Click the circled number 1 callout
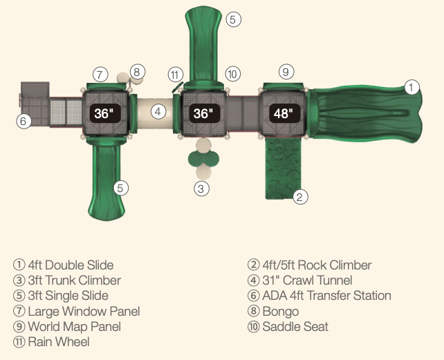(411, 87)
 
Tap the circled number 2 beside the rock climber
(299, 196)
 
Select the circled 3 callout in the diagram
(201, 188)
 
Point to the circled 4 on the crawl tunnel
(158, 111)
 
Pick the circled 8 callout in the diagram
(137, 71)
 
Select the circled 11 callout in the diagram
(176, 74)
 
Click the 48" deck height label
(282, 113)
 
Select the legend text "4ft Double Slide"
(70, 265)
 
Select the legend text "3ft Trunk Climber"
(74, 281)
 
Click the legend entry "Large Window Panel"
(84, 311)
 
